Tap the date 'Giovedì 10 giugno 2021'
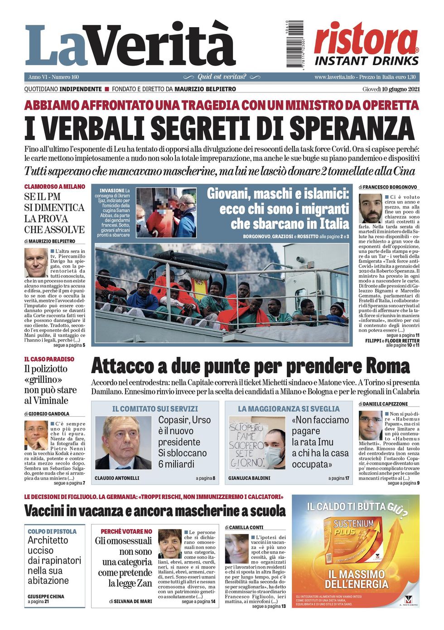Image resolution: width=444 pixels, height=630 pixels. (x=391, y=89)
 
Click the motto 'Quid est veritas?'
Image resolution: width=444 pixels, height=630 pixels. (x=222, y=77)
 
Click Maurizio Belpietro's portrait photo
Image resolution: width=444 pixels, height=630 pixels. (x=36, y=263)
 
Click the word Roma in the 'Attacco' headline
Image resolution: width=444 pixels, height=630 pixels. (x=387, y=366)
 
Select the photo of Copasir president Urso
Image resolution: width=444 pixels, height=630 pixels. (x=123, y=442)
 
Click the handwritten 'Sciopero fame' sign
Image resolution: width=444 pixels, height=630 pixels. (x=246, y=444)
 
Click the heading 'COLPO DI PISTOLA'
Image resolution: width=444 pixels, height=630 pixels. (x=52, y=531)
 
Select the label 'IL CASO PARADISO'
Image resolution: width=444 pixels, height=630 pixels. (x=49, y=359)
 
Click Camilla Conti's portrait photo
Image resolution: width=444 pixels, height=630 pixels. (x=236, y=549)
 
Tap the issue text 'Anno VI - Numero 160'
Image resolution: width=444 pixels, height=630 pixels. (x=53, y=77)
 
